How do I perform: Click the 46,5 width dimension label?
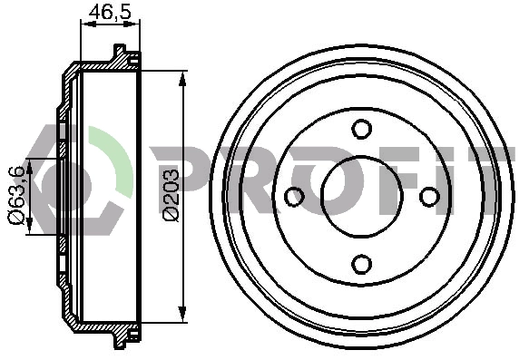pyautogui.click(x=110, y=12)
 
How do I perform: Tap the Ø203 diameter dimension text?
pyautogui.click(x=171, y=195)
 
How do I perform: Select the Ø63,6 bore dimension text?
pyautogui.click(x=16, y=195)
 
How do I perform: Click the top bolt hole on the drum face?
pyautogui.click(x=362, y=129)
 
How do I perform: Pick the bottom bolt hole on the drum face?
pyautogui.click(x=362, y=264)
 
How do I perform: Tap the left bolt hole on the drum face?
pyautogui.click(x=295, y=197)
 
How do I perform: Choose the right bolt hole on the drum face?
pyautogui.click(x=429, y=197)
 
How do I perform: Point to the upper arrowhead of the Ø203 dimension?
pyautogui.click(x=182, y=80)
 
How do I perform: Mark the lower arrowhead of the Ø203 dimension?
pyautogui.click(x=182, y=314)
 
